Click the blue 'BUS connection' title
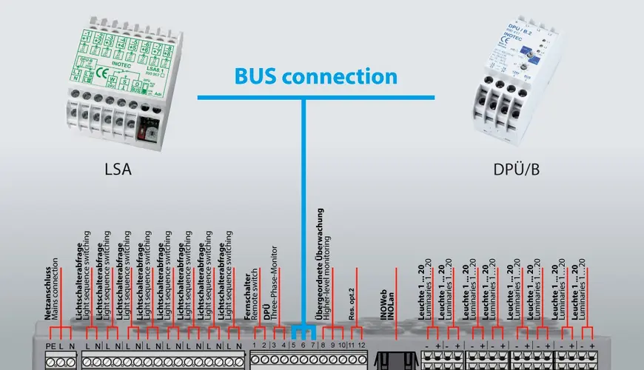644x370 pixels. tap(316, 76)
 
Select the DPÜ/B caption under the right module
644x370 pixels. tap(516, 169)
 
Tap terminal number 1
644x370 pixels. tap(255, 346)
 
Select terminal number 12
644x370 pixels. tap(361, 346)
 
